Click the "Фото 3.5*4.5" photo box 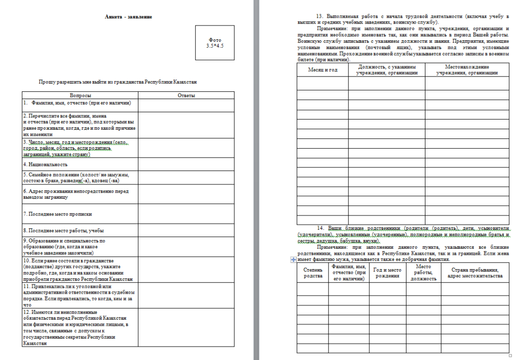pos(215,43)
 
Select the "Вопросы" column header pos(80,95)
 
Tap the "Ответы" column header pos(186,95)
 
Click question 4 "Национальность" pos(45,164)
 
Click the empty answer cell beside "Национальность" pos(186,164)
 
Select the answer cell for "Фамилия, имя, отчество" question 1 pos(186,104)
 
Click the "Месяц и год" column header pos(323,69)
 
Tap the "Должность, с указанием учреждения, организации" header pos(387,69)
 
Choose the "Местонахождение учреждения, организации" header pos(467,69)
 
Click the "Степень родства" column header pos(313,273)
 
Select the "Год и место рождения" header pos(387,273)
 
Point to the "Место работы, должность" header pos(423,273)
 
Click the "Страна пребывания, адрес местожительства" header pos(475,273)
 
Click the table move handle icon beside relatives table pos(293,260)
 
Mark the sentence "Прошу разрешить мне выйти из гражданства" pos(118,82)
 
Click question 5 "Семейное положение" pos(76,178)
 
